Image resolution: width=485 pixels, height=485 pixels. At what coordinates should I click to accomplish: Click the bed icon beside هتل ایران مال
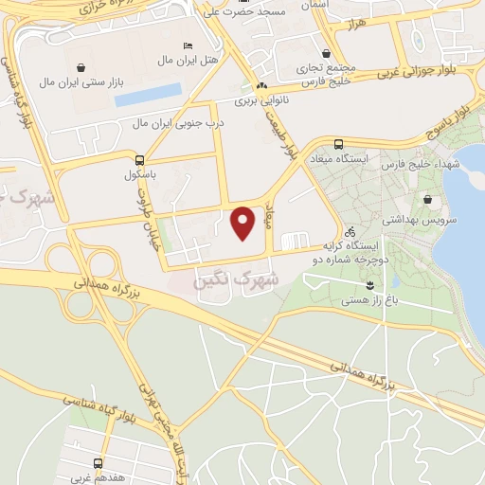[x=188, y=45]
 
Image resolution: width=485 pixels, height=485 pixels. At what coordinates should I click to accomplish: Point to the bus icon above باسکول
[x=139, y=160]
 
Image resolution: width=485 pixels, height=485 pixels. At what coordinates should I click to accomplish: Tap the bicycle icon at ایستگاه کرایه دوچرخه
[x=350, y=231]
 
